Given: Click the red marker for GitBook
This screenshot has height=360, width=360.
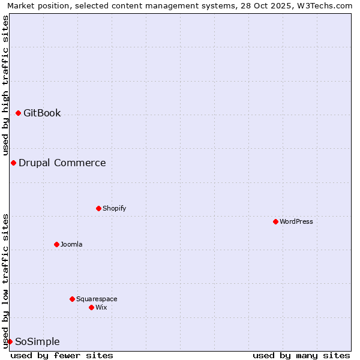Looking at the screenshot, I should pyautogui.click(x=18, y=113).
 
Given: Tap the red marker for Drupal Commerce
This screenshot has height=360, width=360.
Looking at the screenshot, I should pyautogui.click(x=13, y=163).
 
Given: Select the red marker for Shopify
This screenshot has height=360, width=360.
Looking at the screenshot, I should pyautogui.click(x=98, y=208).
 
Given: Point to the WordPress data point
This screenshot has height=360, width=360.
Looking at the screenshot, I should pyautogui.click(x=275, y=221).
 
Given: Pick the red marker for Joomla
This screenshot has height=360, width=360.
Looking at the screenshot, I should pyautogui.click(x=56, y=244).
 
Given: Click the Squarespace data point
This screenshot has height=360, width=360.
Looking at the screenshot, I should pyautogui.click(x=72, y=299).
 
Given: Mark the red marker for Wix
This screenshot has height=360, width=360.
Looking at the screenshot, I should pyautogui.click(x=91, y=307).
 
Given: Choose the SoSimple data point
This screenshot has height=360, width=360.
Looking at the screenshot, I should pyautogui.click(x=10, y=341).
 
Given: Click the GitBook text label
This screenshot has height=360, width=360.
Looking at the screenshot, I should pyautogui.click(x=42, y=113).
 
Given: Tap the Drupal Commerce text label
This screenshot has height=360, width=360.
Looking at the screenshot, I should pyautogui.click(x=62, y=163).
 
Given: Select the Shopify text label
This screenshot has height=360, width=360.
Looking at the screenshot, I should pyautogui.click(x=114, y=208).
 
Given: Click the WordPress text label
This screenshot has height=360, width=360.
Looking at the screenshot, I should pyautogui.click(x=296, y=221).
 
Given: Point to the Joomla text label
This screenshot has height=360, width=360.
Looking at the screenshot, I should pyautogui.click(x=71, y=244).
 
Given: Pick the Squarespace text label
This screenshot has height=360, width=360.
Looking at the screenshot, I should pyautogui.click(x=97, y=299).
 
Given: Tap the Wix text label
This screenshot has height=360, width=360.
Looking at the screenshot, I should pyautogui.click(x=101, y=307).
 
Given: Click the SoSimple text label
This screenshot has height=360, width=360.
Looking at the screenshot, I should pyautogui.click(x=37, y=341).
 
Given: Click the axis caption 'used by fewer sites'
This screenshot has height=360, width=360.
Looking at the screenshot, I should pyautogui.click(x=62, y=355).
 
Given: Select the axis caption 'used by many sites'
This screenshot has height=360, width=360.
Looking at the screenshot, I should pyautogui.click(x=301, y=355).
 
